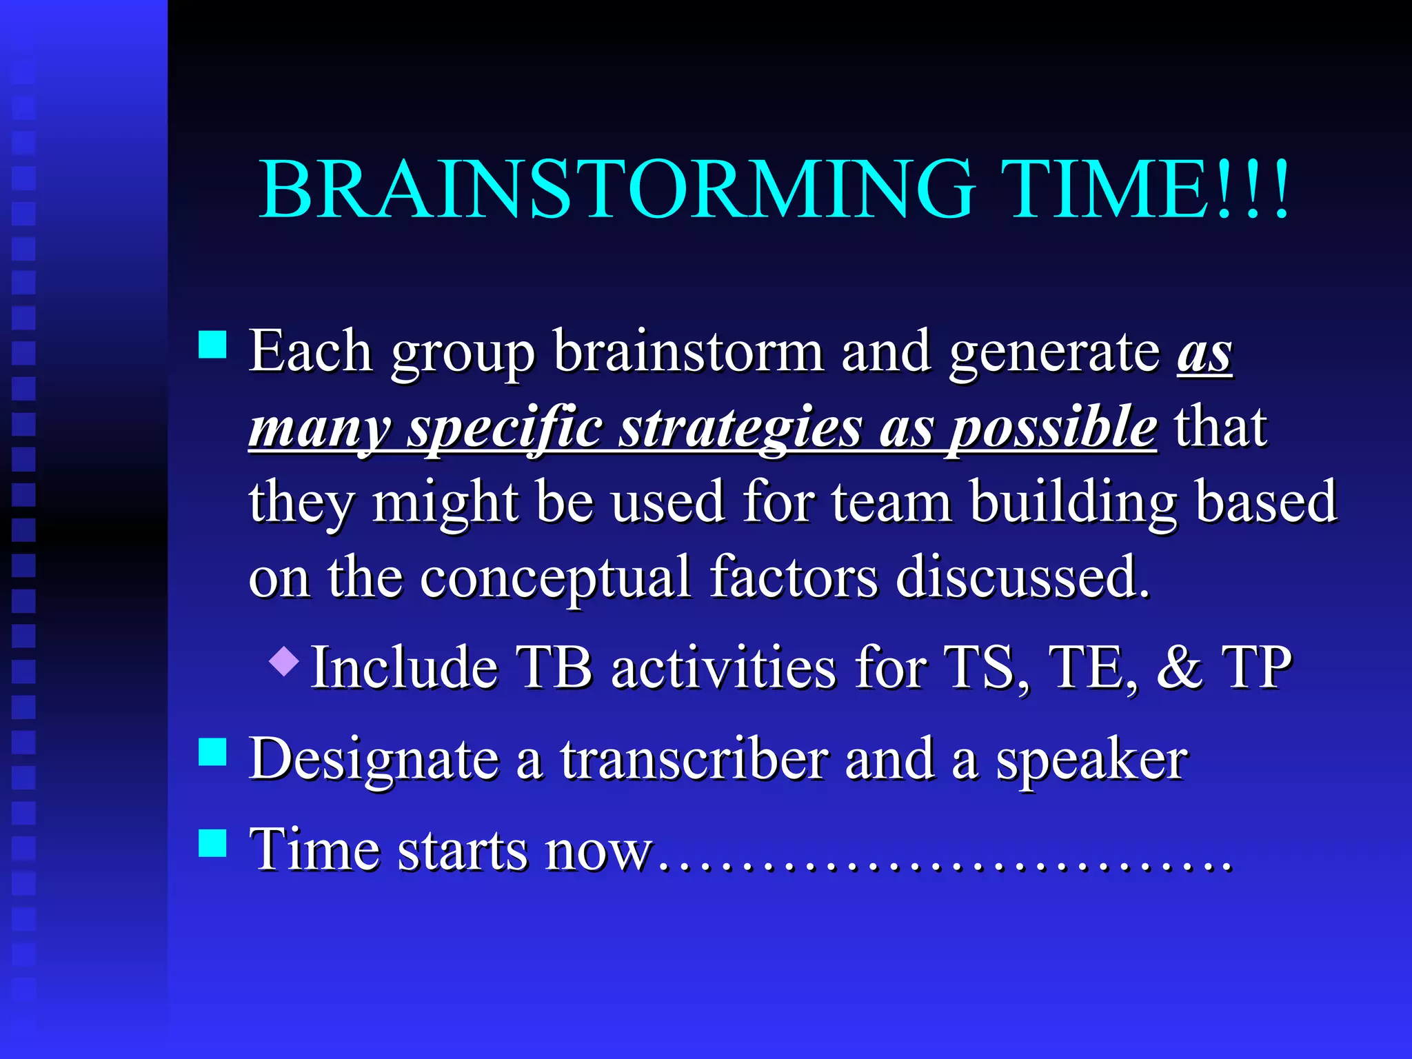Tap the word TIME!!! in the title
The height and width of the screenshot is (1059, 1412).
(x=1144, y=189)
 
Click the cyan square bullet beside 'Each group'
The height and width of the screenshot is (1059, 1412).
(x=212, y=345)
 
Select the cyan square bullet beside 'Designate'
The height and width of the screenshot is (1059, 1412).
(x=212, y=752)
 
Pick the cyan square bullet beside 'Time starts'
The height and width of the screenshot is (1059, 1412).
(x=212, y=843)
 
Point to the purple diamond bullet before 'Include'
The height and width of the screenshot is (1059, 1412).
(x=284, y=660)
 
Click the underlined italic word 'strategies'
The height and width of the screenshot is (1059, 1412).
(x=740, y=427)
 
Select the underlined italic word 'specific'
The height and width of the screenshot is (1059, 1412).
(x=505, y=427)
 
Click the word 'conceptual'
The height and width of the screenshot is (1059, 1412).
(x=555, y=578)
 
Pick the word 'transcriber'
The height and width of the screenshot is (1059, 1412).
(x=693, y=759)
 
